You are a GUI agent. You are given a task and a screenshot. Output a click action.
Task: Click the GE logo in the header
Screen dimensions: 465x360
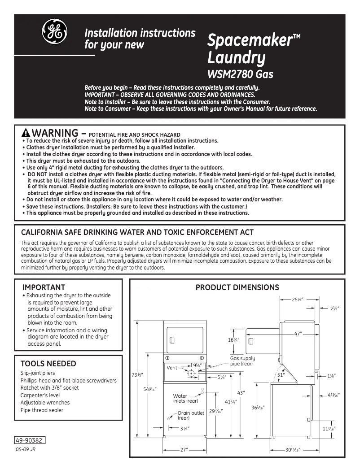[55, 32]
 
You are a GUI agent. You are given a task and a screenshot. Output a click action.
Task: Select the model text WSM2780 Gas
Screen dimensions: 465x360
[240, 74]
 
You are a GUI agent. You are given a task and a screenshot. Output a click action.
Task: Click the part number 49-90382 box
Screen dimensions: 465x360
[31, 440]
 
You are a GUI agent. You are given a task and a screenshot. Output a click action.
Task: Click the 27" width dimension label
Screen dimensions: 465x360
[184, 449]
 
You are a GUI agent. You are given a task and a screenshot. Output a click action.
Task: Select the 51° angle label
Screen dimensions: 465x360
[281, 374]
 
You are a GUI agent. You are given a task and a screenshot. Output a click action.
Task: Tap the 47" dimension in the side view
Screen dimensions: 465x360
[298, 334]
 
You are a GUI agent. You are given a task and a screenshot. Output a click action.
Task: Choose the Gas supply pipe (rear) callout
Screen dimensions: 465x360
[242, 361]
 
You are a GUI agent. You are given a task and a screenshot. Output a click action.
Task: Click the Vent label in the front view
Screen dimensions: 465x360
[172, 368]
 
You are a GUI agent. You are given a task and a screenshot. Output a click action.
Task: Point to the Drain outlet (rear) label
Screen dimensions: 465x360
[190, 415]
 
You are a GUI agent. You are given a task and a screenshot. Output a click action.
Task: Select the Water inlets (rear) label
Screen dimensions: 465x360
[185, 398]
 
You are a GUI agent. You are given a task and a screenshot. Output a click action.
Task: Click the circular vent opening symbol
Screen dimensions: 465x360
[191, 373]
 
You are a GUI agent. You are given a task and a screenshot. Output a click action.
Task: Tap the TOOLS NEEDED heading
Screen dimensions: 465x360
[48, 364]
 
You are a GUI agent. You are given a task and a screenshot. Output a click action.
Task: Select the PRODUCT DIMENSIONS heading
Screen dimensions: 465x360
[237, 287]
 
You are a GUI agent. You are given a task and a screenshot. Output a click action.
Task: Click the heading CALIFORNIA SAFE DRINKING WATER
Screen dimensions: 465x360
[137, 232]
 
